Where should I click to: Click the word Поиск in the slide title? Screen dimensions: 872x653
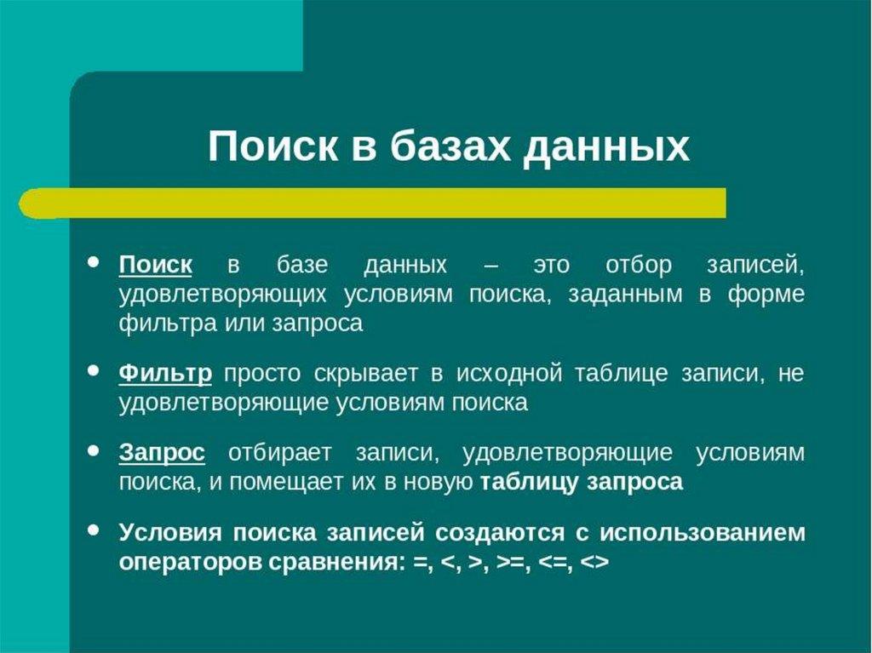point(272,146)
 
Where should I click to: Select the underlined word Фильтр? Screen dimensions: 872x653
point(165,374)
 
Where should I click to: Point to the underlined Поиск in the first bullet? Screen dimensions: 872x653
point(156,265)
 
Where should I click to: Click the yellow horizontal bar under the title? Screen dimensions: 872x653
point(372,203)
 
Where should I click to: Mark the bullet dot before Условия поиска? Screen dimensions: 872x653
point(94,530)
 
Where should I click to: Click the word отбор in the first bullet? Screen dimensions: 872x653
point(639,266)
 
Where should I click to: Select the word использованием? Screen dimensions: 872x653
point(702,533)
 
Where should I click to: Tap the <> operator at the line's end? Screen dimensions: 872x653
point(594,563)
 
